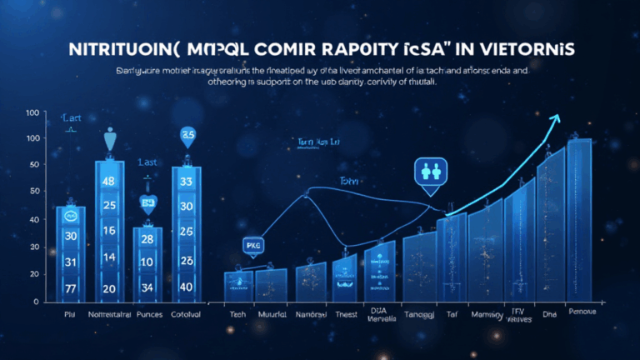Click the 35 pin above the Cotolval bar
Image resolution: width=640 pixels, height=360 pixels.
(187, 135)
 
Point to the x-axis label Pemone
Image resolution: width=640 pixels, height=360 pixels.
(582, 312)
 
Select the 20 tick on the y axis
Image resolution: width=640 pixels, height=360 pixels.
(34, 275)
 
